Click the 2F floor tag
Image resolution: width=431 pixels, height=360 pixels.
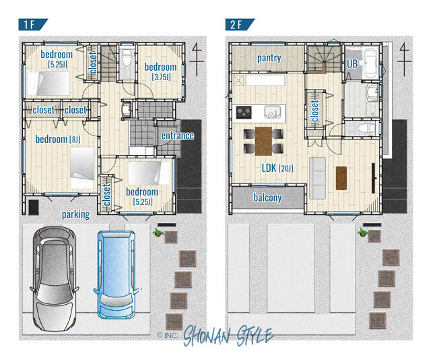239,25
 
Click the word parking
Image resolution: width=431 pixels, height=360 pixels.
75,215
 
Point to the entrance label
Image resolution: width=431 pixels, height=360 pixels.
177,136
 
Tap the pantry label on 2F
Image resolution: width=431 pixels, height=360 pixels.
269,59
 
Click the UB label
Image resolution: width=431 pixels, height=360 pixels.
352,63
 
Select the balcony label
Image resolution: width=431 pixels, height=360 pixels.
267,198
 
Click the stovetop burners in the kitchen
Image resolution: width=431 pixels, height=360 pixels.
244,112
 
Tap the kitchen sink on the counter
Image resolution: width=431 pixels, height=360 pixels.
271,111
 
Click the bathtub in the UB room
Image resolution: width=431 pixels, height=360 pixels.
369,63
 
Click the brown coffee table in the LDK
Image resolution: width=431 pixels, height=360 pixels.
340,177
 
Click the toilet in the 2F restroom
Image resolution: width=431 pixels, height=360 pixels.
364,128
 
